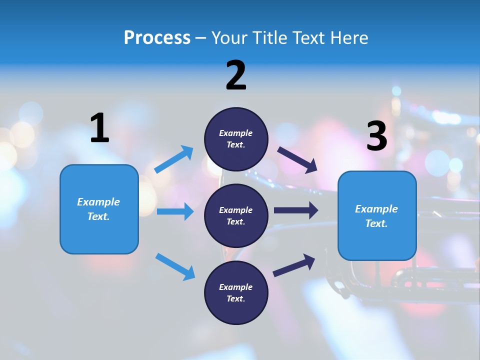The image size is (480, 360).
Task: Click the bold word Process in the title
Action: click(157, 38)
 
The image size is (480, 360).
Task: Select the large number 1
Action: click(99, 128)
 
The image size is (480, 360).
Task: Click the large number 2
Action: click(236, 75)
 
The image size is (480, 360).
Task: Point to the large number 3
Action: click(376, 136)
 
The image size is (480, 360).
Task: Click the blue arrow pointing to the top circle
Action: click(174, 159)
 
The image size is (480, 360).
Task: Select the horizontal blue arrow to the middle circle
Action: click(175, 211)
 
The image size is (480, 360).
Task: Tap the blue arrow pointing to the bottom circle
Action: click(175, 266)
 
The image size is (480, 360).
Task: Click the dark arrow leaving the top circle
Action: click(297, 160)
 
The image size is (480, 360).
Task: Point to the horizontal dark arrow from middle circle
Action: click(296, 210)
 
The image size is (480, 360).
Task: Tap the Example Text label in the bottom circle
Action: click(236, 293)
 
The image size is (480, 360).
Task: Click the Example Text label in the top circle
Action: click(236, 139)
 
